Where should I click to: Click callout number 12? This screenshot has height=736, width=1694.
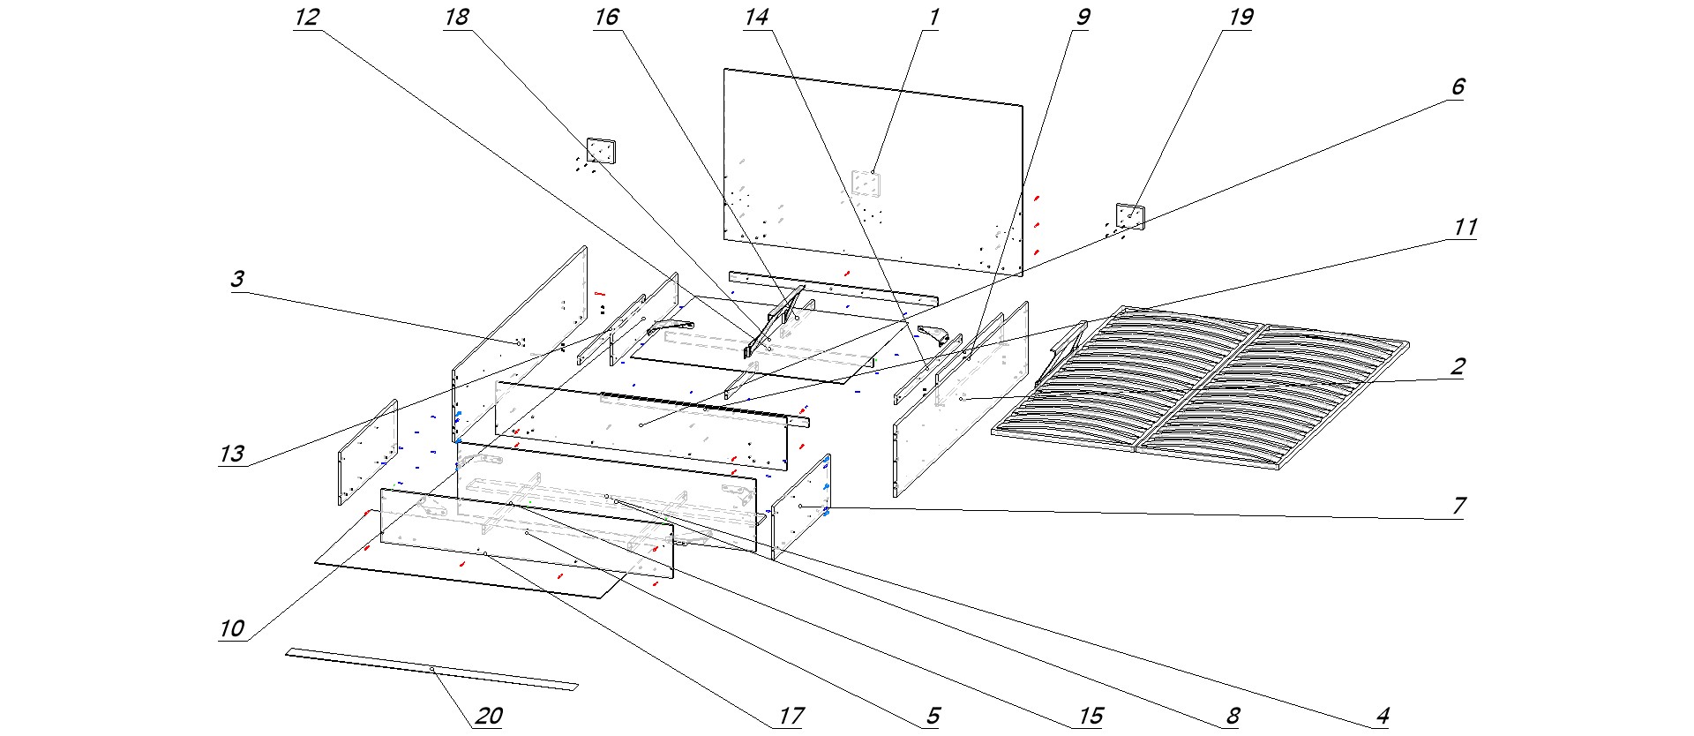click(x=306, y=18)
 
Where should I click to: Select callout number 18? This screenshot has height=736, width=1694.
click(x=456, y=18)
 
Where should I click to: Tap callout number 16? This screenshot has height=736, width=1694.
click(x=606, y=18)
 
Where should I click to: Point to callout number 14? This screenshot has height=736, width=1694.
click(x=756, y=18)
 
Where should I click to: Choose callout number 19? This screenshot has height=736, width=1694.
click(x=1240, y=18)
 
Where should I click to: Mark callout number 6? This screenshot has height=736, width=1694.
click(x=1457, y=86)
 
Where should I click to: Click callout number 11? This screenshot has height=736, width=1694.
click(x=1464, y=228)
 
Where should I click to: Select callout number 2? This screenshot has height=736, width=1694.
click(x=1458, y=367)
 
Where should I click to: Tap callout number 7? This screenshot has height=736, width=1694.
click(x=1458, y=506)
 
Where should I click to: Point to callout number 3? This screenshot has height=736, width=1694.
click(x=236, y=280)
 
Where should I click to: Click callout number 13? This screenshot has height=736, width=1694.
click(x=231, y=454)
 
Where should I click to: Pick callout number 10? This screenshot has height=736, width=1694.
click(x=231, y=628)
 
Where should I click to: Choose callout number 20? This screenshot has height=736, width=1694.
click(x=488, y=716)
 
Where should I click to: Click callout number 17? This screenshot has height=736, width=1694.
click(x=791, y=716)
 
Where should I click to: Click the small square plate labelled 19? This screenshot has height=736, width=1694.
click(x=1130, y=216)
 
